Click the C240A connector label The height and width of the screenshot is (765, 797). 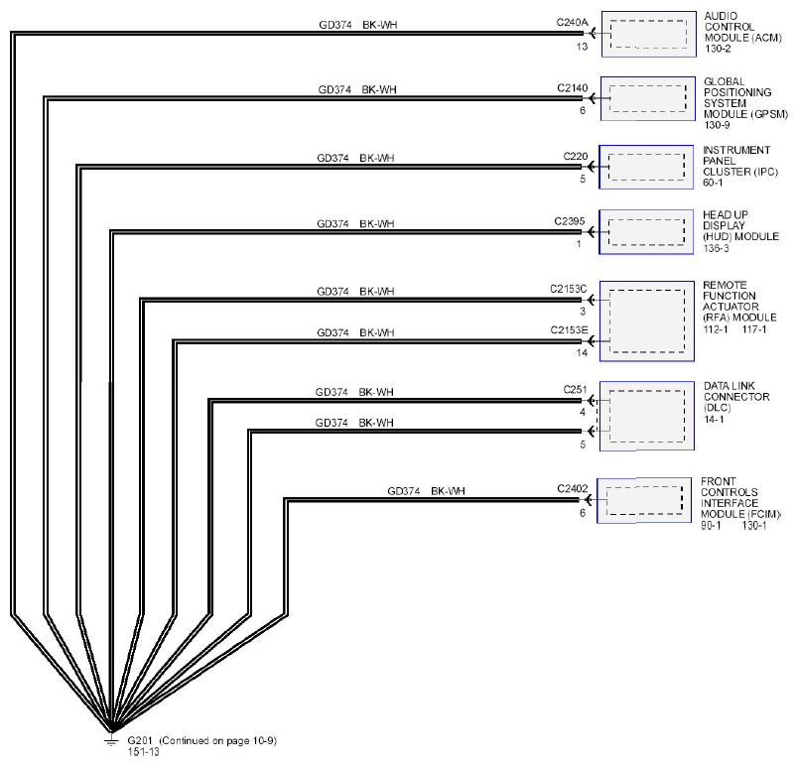(572, 23)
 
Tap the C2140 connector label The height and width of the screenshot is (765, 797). (573, 88)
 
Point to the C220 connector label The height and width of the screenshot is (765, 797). (576, 156)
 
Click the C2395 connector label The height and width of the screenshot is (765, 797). (570, 221)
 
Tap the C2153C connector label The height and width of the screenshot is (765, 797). (569, 289)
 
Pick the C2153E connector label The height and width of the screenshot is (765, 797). (569, 330)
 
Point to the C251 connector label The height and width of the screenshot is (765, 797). (575, 390)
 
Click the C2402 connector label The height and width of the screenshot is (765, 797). (573, 488)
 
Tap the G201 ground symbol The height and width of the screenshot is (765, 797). (111, 739)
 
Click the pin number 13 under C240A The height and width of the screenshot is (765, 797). (582, 47)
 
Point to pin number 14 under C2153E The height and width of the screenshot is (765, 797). (582, 352)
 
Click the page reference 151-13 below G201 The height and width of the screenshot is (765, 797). (143, 752)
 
